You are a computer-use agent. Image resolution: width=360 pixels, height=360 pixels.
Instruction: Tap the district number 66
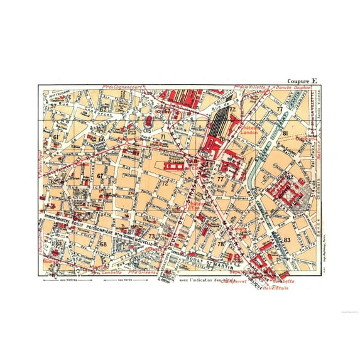(x=101, y=139)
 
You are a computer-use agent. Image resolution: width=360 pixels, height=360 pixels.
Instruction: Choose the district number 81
(x=285, y=134)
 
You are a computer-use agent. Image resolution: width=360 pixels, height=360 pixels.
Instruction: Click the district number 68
(x=104, y=244)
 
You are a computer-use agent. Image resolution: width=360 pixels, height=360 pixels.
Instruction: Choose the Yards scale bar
(x=126, y=280)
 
